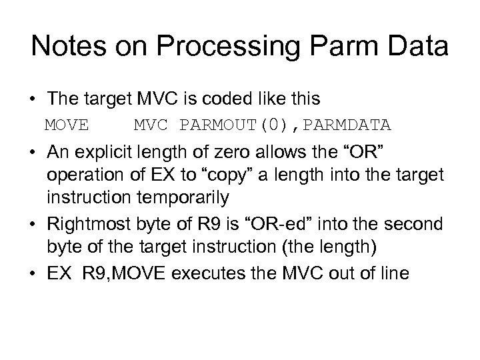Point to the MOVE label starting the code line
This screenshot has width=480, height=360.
coord(67,125)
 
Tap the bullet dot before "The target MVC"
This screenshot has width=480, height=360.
coord(33,99)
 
